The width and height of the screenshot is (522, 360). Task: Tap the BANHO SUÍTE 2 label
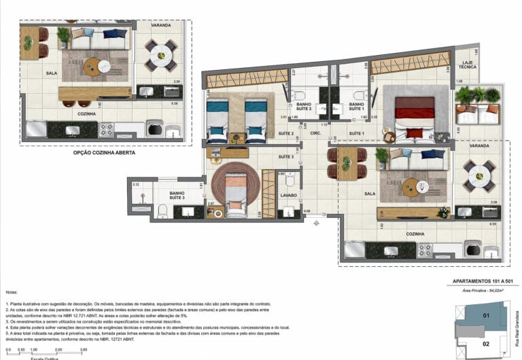(x=304, y=106)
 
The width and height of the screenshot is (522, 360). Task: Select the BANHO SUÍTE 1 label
(x=358, y=106)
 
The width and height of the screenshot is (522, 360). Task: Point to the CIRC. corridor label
(x=316, y=134)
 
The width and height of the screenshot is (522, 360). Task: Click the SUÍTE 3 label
(x=285, y=158)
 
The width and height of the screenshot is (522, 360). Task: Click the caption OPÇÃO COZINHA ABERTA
(x=104, y=154)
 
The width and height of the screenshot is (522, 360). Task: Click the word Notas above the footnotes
(x=12, y=291)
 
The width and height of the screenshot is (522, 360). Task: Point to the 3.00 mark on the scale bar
(x=84, y=350)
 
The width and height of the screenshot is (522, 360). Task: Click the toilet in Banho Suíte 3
(x=160, y=213)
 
